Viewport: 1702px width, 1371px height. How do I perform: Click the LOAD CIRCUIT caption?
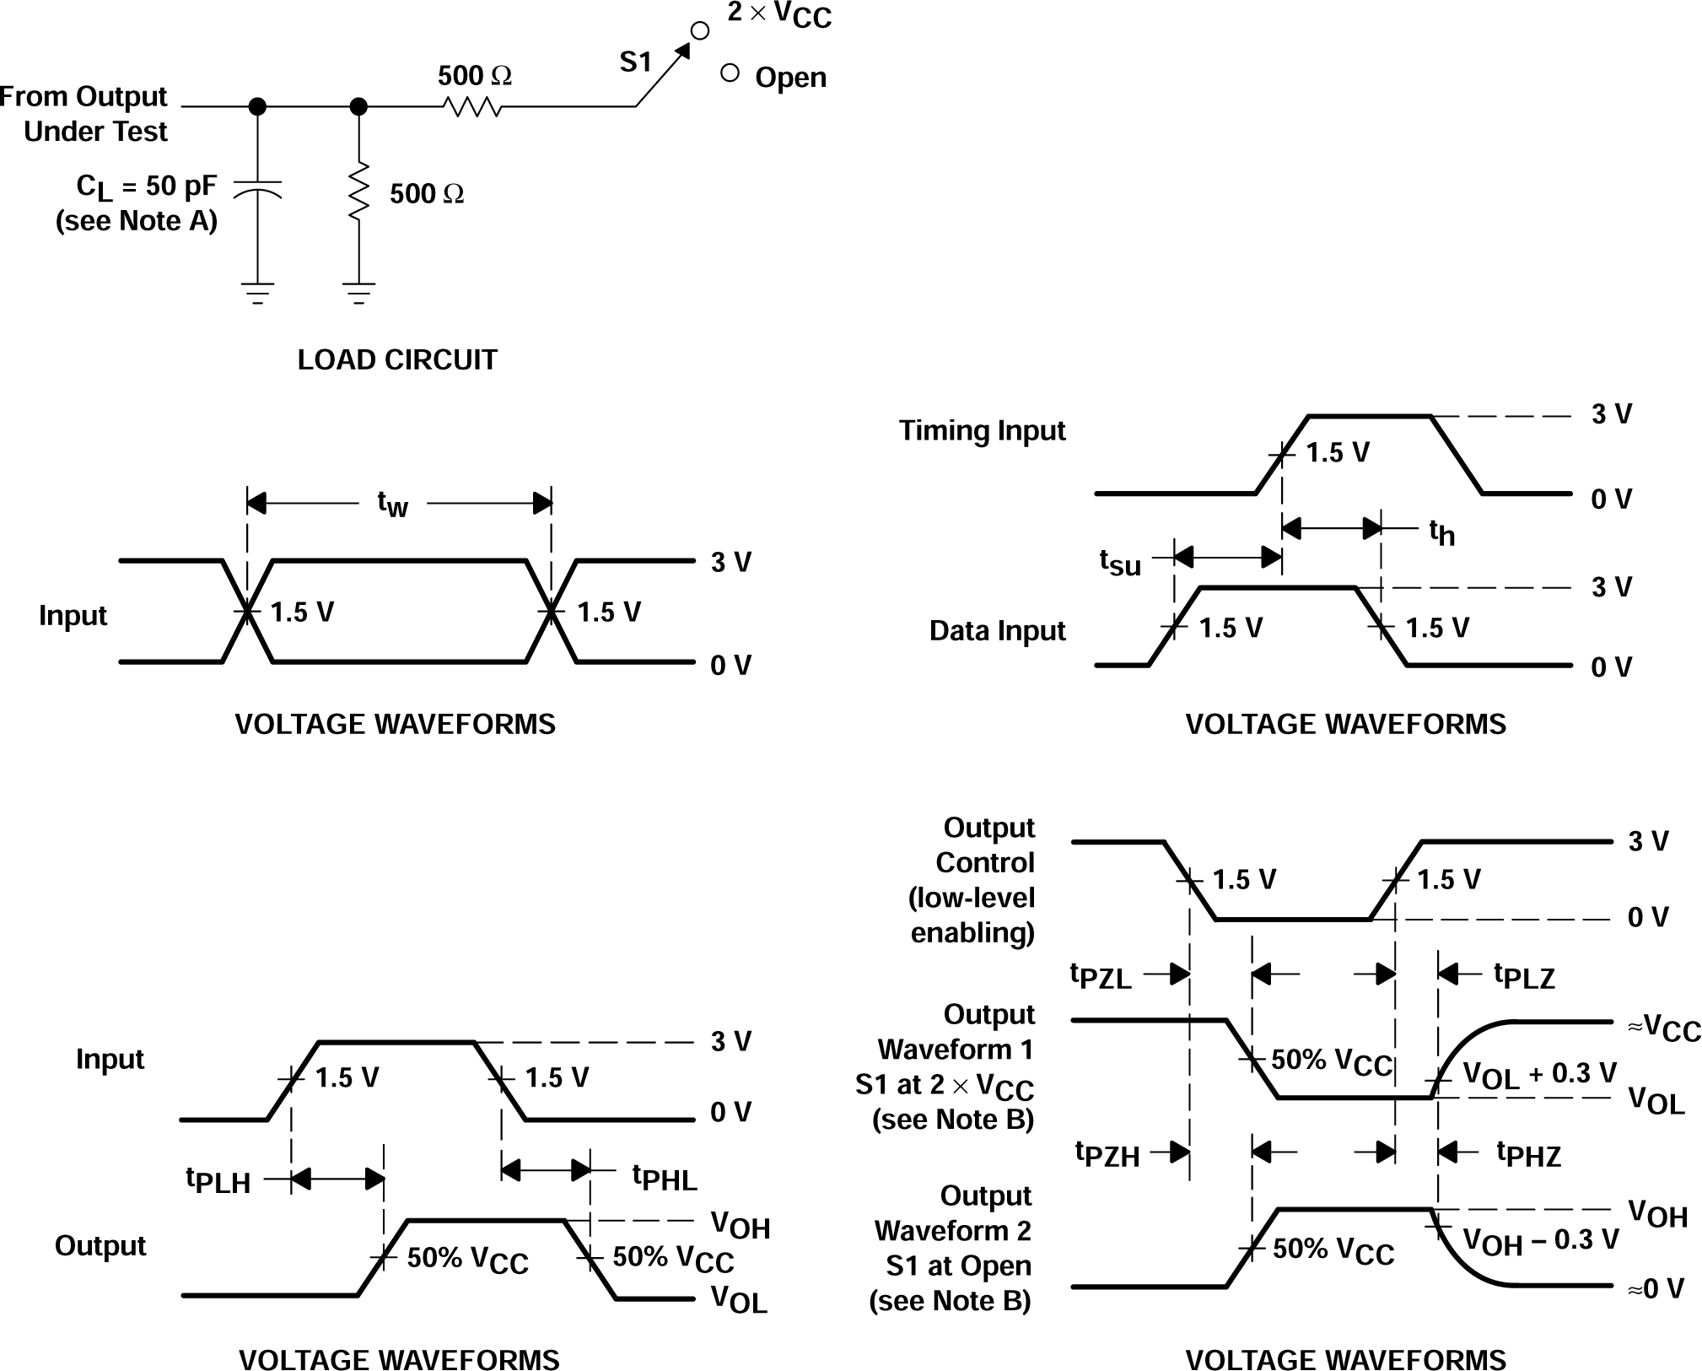pos(397,360)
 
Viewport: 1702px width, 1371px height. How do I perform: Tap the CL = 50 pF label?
pos(146,186)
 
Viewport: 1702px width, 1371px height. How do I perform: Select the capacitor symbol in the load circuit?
pos(257,189)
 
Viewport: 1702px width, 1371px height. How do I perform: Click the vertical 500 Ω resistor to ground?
pos(358,192)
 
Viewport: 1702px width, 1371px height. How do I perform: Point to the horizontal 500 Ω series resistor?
pos(472,107)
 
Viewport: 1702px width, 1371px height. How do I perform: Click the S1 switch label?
pos(636,62)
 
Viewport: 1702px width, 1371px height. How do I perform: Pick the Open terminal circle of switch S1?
pos(730,73)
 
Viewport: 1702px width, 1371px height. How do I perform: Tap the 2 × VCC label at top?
pos(779,15)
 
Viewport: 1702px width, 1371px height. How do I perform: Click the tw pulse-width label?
pos(393,505)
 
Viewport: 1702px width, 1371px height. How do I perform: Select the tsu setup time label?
pos(1120,562)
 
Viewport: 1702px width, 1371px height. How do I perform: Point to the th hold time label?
pos(1441,532)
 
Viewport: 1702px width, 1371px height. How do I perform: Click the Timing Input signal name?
pos(982,431)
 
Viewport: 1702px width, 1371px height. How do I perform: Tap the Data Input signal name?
pos(997,631)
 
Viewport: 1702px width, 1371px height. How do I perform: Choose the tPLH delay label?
pos(218,1180)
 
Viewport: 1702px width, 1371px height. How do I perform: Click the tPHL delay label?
pos(665,1177)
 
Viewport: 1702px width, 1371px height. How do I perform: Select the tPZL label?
pos(1101,976)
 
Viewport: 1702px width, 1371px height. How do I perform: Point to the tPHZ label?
pos(1528,1154)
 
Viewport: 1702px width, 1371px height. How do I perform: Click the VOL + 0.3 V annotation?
pos(1539,1075)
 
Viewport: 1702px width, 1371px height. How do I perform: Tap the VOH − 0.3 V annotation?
pos(1540,1241)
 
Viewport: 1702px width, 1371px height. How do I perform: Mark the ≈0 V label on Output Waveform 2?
pos(1655,1288)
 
